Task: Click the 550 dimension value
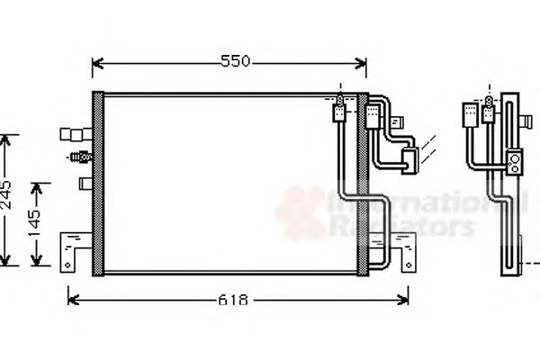click(235, 61)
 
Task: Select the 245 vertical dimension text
click(6, 195)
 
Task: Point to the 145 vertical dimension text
click(35, 223)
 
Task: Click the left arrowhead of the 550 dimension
click(98, 63)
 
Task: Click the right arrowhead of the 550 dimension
click(361, 63)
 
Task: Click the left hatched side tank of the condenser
click(98, 184)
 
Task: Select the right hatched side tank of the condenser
click(363, 184)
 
